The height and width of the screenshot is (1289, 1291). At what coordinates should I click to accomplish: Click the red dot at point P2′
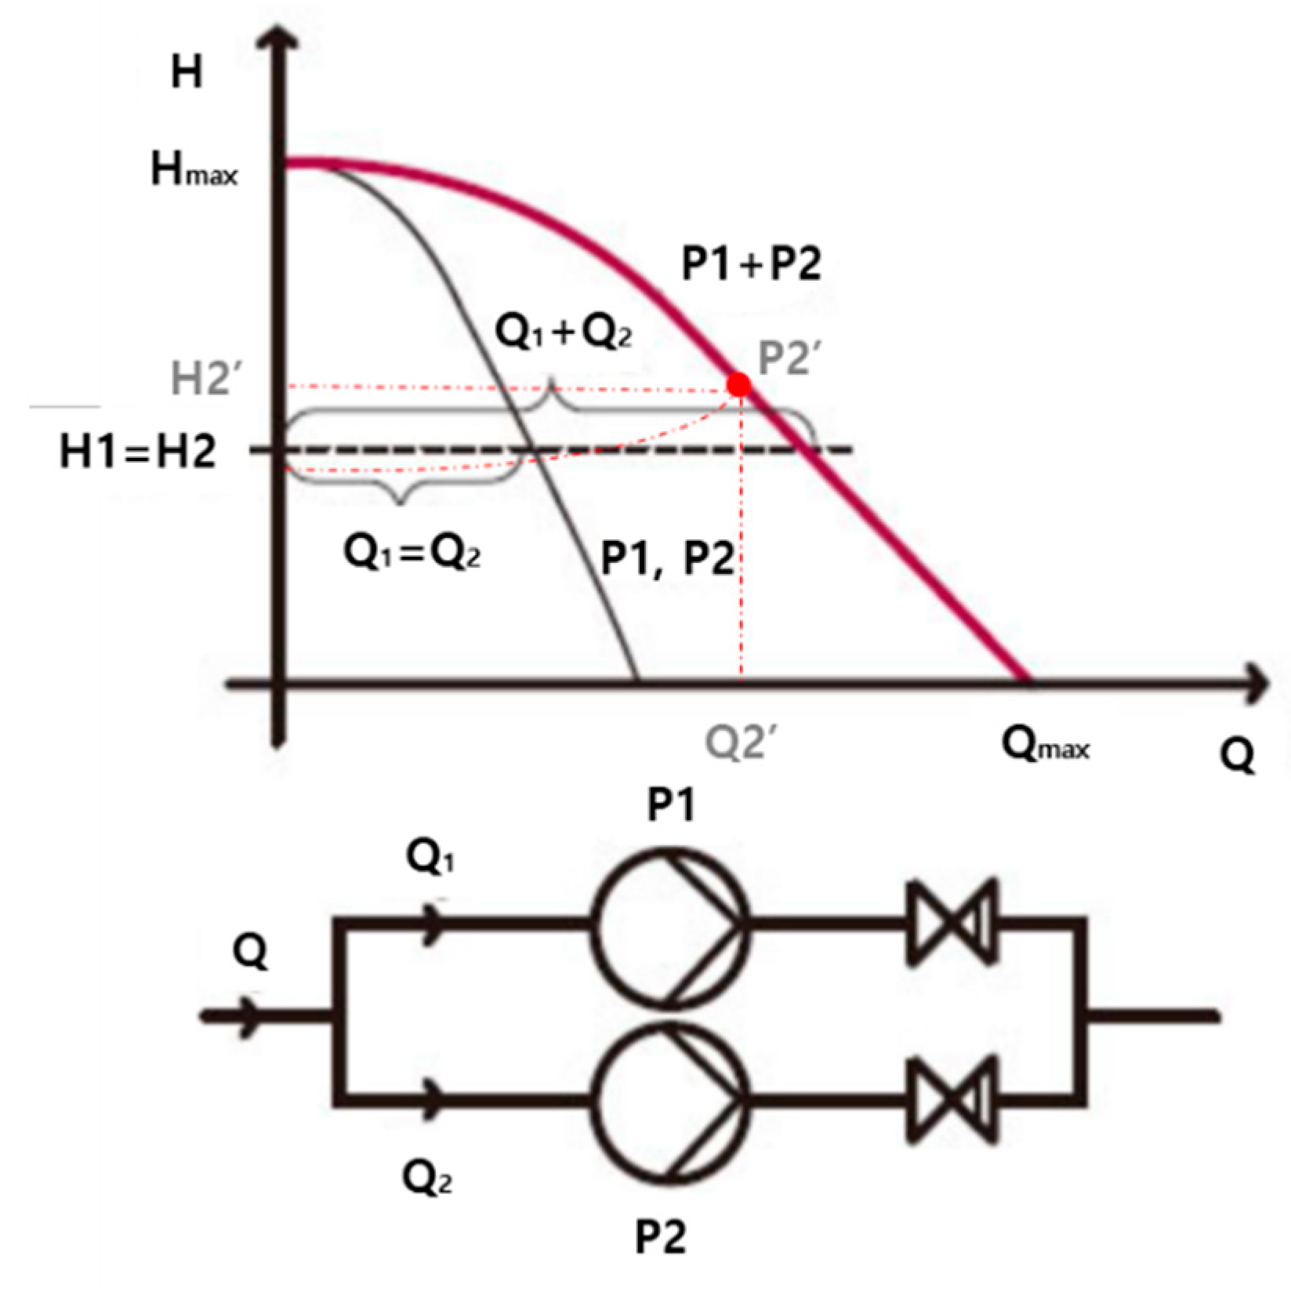click(x=738, y=384)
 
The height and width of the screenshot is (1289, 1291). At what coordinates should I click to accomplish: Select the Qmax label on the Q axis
click(x=1046, y=746)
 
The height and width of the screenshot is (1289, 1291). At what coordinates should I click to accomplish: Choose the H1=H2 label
click(x=138, y=452)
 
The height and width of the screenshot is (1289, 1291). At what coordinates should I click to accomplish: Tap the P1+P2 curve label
click(x=751, y=263)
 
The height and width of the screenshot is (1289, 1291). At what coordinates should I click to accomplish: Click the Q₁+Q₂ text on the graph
click(x=564, y=334)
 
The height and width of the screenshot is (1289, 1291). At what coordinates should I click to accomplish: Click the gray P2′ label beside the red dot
click(x=788, y=359)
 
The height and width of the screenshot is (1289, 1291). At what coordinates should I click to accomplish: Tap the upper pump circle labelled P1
click(x=669, y=923)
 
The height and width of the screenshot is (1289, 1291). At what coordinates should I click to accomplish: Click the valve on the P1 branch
click(x=951, y=922)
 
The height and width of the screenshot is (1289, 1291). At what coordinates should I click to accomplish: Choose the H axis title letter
click(x=187, y=72)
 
